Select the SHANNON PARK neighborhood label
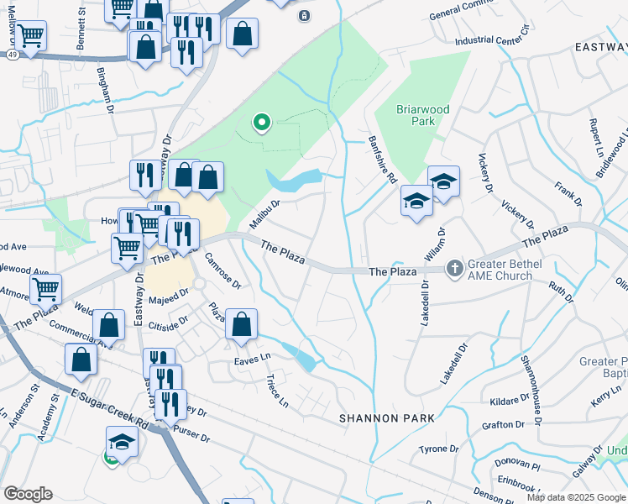click(x=387, y=417)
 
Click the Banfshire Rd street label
click(x=382, y=160)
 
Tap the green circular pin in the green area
click(x=262, y=124)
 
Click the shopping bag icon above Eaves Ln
click(x=241, y=326)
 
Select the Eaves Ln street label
click(x=253, y=358)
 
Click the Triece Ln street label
click(x=277, y=391)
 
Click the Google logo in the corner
click(x=28, y=493)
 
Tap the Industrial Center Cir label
click(x=494, y=39)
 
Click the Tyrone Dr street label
click(x=440, y=449)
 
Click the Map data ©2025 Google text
click(x=576, y=496)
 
